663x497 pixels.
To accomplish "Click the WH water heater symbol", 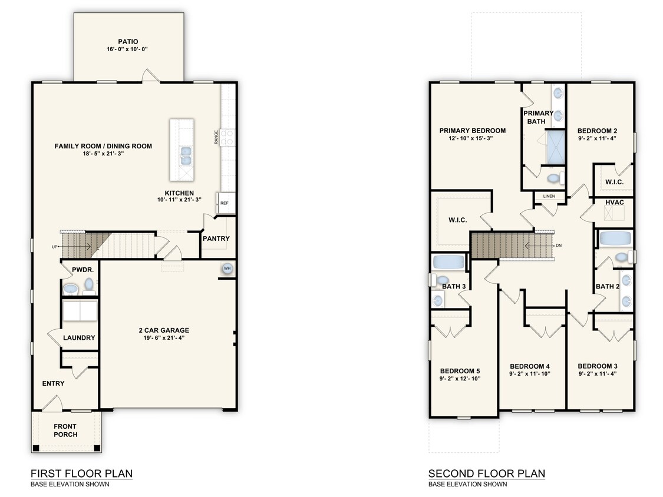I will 226,269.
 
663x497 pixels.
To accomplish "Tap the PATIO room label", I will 127,42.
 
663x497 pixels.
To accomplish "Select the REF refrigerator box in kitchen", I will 225,203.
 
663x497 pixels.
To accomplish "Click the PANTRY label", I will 216,238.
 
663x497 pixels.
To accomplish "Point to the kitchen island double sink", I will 185,155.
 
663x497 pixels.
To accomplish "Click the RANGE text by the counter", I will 216,137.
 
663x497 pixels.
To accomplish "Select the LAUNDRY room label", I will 79,338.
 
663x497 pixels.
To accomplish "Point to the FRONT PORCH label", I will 65,430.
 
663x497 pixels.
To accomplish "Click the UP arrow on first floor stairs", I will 54,247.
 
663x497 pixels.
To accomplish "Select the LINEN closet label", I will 548,196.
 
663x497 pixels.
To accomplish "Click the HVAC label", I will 614,203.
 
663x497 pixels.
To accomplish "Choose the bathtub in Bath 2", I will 615,238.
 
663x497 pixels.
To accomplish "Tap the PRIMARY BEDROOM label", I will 472,131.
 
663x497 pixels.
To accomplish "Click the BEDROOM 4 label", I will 529,365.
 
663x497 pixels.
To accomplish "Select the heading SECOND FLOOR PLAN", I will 486,473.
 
